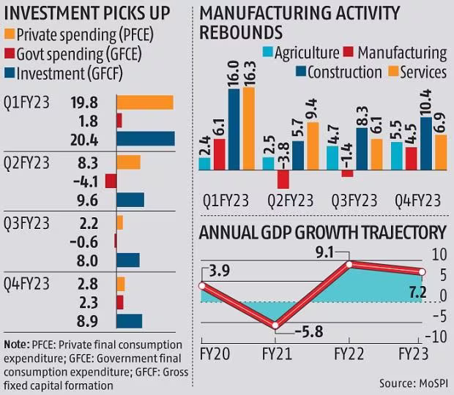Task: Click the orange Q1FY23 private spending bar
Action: (144, 102)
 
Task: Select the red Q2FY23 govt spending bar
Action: (111, 181)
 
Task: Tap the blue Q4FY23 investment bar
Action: (129, 320)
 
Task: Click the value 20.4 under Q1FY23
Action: (91, 139)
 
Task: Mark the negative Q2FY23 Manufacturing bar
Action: (283, 178)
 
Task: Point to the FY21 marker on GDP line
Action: (275, 326)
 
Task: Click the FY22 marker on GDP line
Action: (349, 264)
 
